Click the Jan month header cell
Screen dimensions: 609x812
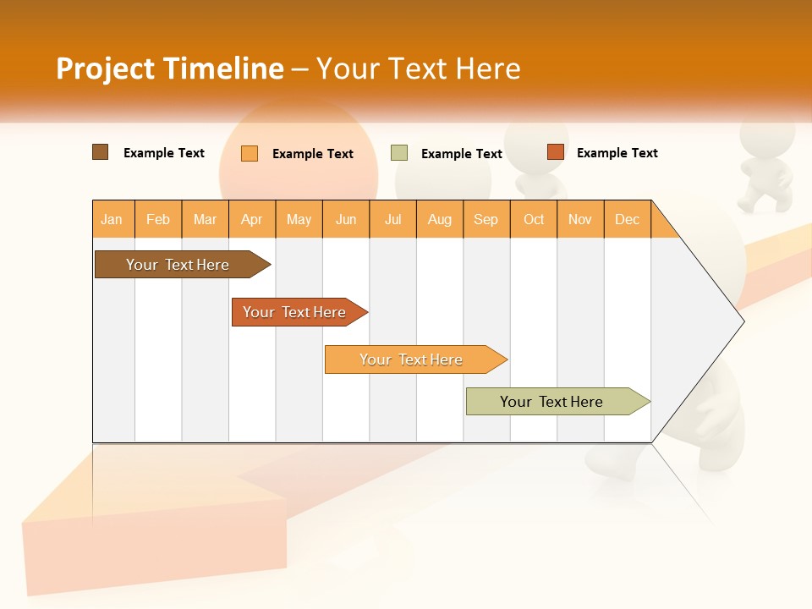click(x=112, y=219)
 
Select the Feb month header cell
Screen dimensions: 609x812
click(x=158, y=219)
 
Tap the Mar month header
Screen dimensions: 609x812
click(x=205, y=219)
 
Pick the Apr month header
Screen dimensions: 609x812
click(x=252, y=219)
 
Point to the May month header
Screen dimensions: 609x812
click(x=299, y=219)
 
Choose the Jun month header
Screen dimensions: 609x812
click(x=346, y=219)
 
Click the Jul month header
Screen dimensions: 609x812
click(x=392, y=219)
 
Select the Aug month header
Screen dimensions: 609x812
click(x=440, y=219)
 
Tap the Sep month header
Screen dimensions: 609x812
click(x=486, y=219)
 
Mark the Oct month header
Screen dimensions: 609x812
click(x=534, y=219)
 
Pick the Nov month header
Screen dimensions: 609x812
click(x=580, y=219)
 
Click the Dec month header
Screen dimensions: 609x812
click(x=628, y=219)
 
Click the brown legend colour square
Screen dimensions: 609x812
click(x=101, y=152)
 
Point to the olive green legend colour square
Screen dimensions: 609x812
click(x=399, y=153)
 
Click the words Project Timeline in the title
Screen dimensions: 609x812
click(x=170, y=69)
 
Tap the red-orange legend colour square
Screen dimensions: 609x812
click(x=555, y=152)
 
